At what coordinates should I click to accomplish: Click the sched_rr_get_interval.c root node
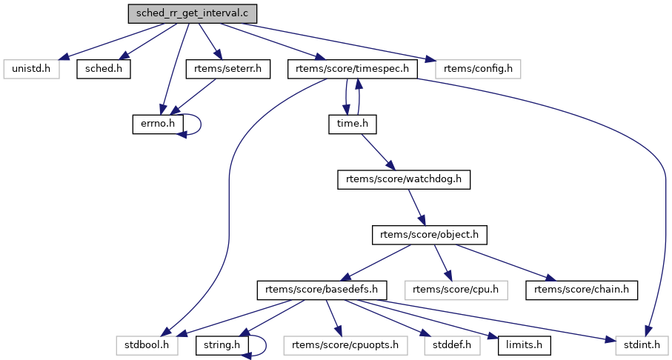pyautogui.click(x=193, y=14)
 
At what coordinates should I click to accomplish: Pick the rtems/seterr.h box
pyautogui.click(x=227, y=69)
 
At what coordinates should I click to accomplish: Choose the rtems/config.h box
pyautogui.click(x=478, y=69)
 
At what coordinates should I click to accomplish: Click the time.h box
pyautogui.click(x=353, y=124)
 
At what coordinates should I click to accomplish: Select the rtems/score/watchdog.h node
pyautogui.click(x=404, y=179)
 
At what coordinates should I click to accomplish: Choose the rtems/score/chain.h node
pyautogui.click(x=582, y=289)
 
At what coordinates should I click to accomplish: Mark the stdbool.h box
pyautogui.click(x=147, y=344)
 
